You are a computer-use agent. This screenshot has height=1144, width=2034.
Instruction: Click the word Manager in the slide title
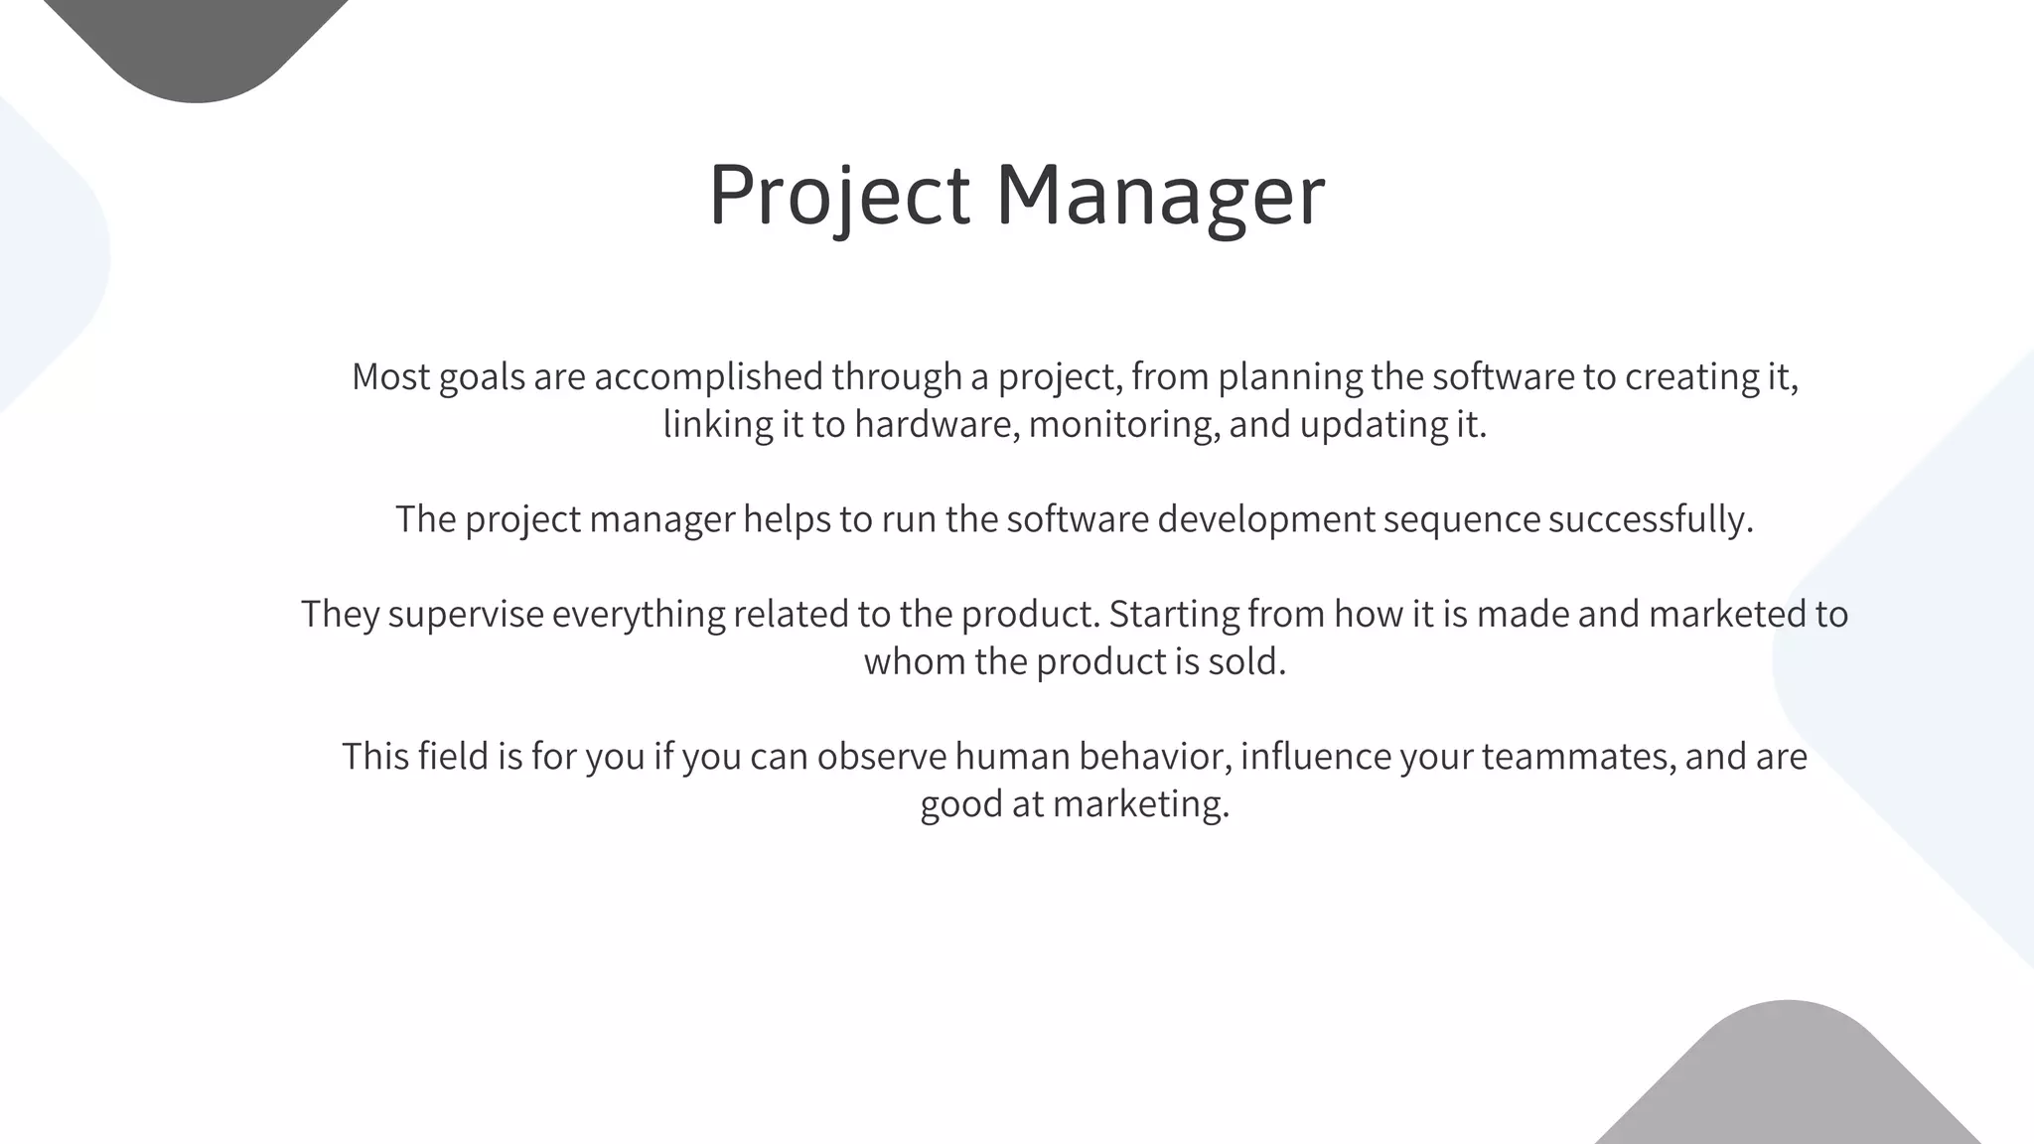tap(1160, 195)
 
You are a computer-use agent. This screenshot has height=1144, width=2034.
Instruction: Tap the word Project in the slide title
tap(839, 195)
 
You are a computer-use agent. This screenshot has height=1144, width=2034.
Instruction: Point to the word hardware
tap(937, 424)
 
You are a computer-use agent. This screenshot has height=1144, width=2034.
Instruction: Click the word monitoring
tap(1122, 424)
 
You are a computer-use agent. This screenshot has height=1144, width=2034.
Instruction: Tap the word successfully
tap(1651, 518)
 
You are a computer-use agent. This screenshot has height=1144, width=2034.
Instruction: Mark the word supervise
tap(466, 614)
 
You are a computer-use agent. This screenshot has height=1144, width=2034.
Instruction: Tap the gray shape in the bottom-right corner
tap(1788, 1082)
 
